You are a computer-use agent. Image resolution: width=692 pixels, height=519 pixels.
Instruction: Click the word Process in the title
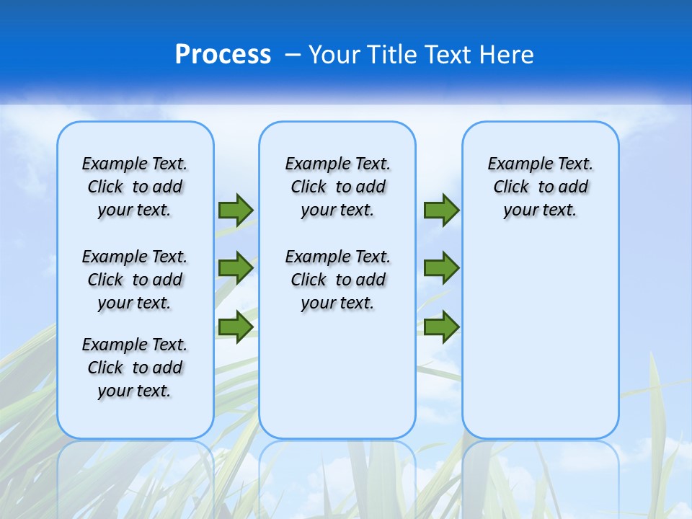point(223,54)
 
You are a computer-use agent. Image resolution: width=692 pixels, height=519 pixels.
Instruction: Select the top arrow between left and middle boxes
point(235,210)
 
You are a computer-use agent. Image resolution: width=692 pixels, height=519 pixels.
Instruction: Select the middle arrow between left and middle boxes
point(235,268)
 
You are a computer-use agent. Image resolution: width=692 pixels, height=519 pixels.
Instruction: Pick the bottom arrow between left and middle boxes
point(235,327)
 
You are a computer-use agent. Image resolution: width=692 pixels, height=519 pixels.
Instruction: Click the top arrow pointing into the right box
point(441,210)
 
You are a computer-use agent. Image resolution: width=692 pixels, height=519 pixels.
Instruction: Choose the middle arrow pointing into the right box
point(441,268)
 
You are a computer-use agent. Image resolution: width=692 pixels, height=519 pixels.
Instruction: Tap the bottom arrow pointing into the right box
point(441,327)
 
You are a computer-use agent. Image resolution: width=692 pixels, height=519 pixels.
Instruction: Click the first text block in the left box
point(135,187)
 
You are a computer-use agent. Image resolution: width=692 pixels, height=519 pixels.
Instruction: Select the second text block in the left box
point(135,280)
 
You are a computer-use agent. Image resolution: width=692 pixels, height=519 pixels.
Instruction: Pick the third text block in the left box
point(135,368)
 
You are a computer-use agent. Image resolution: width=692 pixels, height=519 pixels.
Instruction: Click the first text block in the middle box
point(337,187)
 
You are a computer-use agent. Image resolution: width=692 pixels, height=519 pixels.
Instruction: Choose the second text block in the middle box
point(337,280)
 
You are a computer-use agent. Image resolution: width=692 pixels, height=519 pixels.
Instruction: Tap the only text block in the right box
point(540,187)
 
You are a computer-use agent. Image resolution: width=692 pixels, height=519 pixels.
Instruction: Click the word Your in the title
point(335,55)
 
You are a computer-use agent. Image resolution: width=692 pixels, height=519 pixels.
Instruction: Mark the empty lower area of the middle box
point(337,375)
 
